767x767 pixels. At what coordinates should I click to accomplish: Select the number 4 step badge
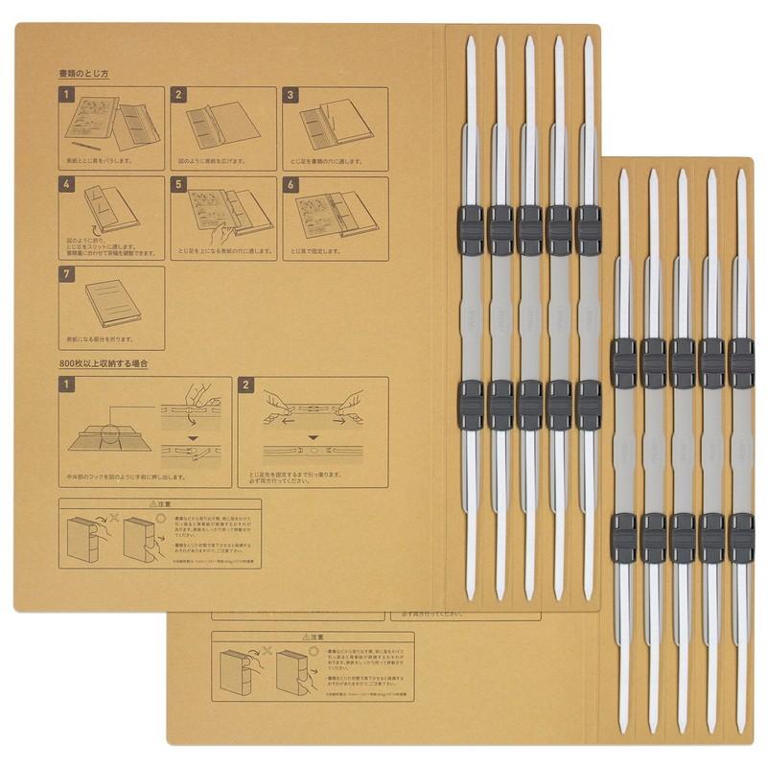point(66,183)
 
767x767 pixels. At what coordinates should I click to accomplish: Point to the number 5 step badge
point(177,183)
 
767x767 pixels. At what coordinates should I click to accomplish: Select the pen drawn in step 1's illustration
point(86,146)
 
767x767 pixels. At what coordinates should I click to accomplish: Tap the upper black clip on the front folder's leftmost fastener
point(471,230)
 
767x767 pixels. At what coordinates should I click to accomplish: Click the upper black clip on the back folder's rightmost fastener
point(740,363)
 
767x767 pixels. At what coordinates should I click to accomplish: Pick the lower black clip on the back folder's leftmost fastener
point(623,537)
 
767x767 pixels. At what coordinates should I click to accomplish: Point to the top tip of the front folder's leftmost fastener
point(470,41)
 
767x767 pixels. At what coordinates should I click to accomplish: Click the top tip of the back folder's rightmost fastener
point(740,174)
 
